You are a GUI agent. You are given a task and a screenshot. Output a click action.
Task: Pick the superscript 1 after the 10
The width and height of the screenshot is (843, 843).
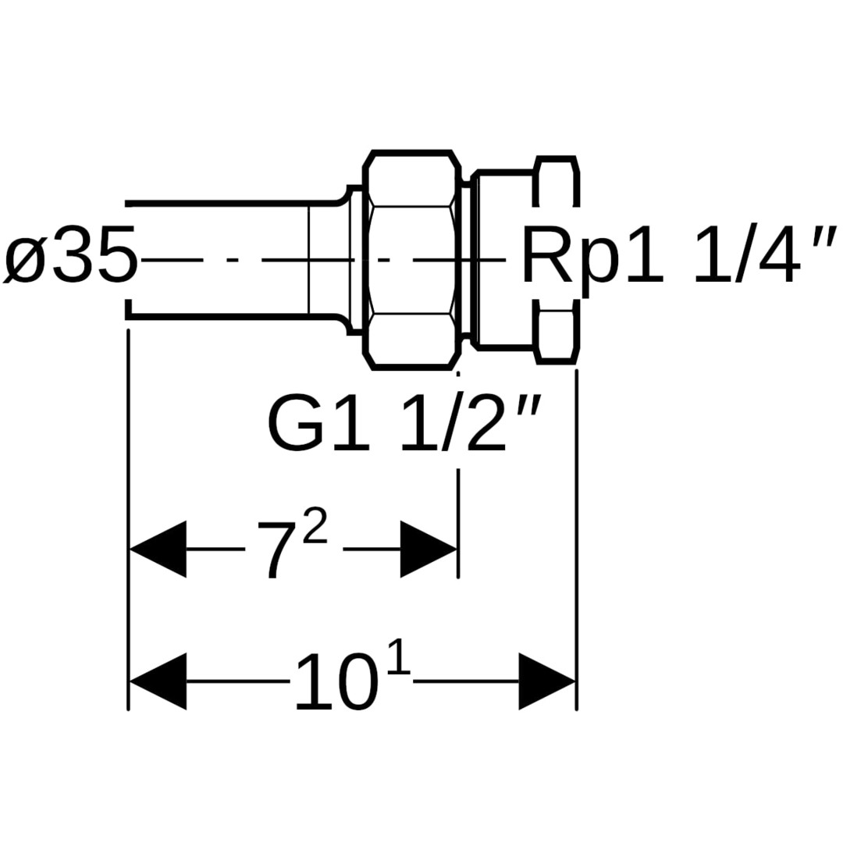[397, 660]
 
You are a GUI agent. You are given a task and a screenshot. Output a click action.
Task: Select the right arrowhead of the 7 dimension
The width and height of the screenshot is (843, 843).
[428, 549]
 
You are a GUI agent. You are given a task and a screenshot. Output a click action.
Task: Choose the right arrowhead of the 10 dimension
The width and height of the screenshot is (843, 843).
[546, 681]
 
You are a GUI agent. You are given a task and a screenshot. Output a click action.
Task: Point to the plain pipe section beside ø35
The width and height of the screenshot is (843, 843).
[226, 259]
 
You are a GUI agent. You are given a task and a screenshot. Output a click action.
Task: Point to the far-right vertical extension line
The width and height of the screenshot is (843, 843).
[576, 539]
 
